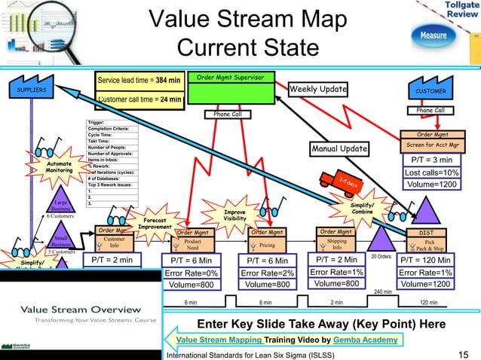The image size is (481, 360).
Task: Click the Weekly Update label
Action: [318, 90]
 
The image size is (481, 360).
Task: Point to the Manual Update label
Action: [340, 149]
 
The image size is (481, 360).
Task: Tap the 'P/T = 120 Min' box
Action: [429, 260]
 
